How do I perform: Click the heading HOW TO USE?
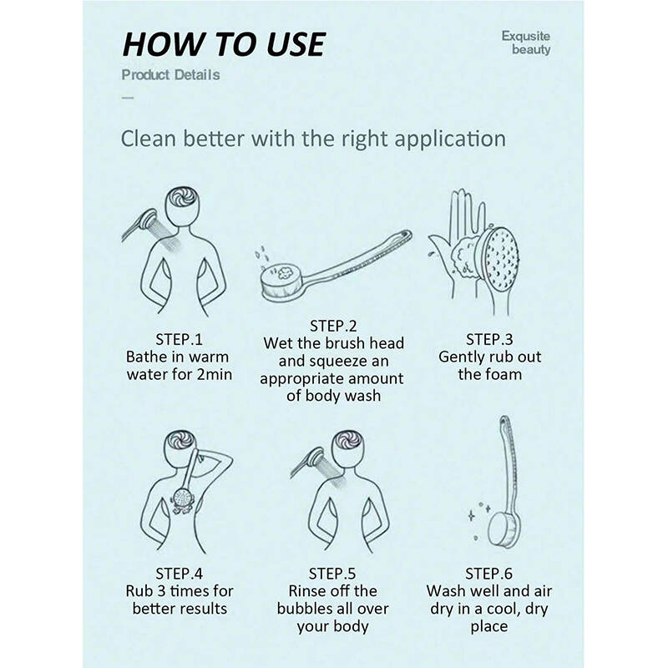(224, 44)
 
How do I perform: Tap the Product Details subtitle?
(171, 75)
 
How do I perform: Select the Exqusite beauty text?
(526, 43)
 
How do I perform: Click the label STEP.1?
(179, 340)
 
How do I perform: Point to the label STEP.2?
(332, 326)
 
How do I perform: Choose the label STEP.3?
(489, 340)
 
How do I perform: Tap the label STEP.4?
(179, 574)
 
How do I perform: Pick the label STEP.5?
(332, 574)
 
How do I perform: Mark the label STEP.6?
(488, 574)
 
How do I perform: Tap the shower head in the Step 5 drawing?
(316, 458)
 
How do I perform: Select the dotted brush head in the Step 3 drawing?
(500, 257)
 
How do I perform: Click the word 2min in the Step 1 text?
(215, 374)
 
